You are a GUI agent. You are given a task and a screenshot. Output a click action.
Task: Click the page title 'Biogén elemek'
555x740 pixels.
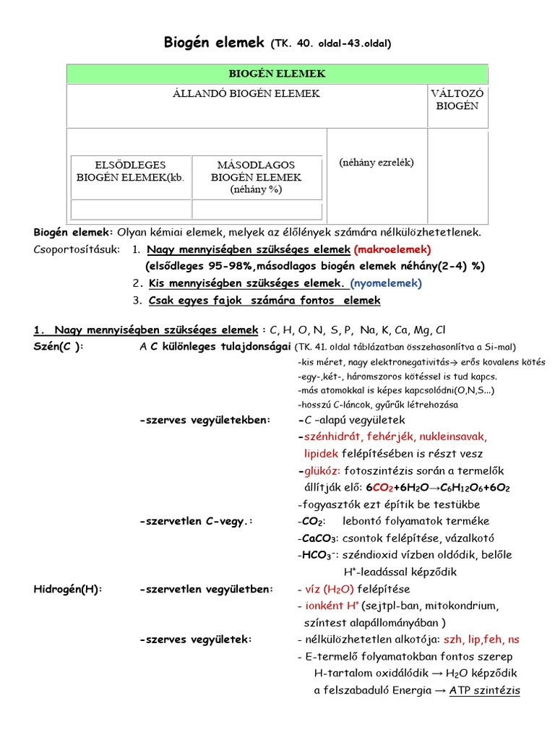tap(215, 43)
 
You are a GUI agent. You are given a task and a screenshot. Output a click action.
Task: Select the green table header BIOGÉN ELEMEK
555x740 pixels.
tap(277, 74)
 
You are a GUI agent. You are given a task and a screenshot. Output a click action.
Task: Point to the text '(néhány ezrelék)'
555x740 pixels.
tap(377, 163)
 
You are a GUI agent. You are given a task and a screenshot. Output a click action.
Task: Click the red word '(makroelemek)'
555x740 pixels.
tap(392, 249)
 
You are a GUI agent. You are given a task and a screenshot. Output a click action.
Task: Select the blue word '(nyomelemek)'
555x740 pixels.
tap(387, 283)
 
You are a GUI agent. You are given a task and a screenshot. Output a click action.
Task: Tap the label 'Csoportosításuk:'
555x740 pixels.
tap(78, 249)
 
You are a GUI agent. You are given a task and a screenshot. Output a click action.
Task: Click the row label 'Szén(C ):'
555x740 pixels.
tap(59, 346)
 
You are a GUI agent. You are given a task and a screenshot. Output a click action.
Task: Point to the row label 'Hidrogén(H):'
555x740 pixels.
tap(69, 589)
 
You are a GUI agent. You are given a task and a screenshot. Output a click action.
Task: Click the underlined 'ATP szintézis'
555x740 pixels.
tap(484, 690)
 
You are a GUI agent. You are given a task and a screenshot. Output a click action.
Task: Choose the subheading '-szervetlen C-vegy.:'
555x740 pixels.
tap(196, 521)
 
